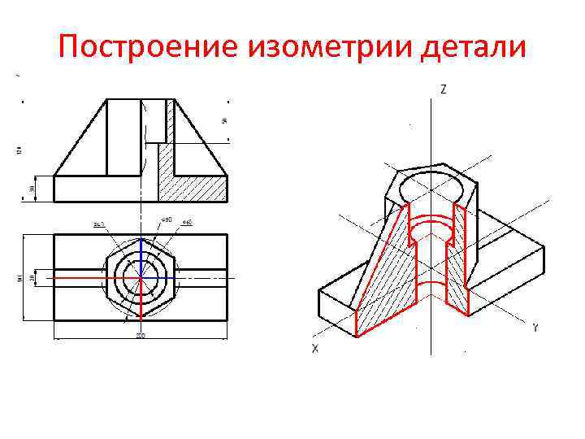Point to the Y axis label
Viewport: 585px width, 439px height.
pos(535,328)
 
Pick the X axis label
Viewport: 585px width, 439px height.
pos(314,348)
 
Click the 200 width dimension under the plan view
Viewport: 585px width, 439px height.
pos(140,336)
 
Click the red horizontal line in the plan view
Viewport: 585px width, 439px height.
pos(89,277)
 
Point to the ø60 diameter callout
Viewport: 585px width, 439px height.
pos(187,221)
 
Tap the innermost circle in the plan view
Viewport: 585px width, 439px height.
pos(141,276)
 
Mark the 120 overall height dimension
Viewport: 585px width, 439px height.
pos(18,150)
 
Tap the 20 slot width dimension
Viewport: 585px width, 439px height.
pos(32,277)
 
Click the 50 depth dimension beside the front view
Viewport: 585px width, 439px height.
pos(224,122)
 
